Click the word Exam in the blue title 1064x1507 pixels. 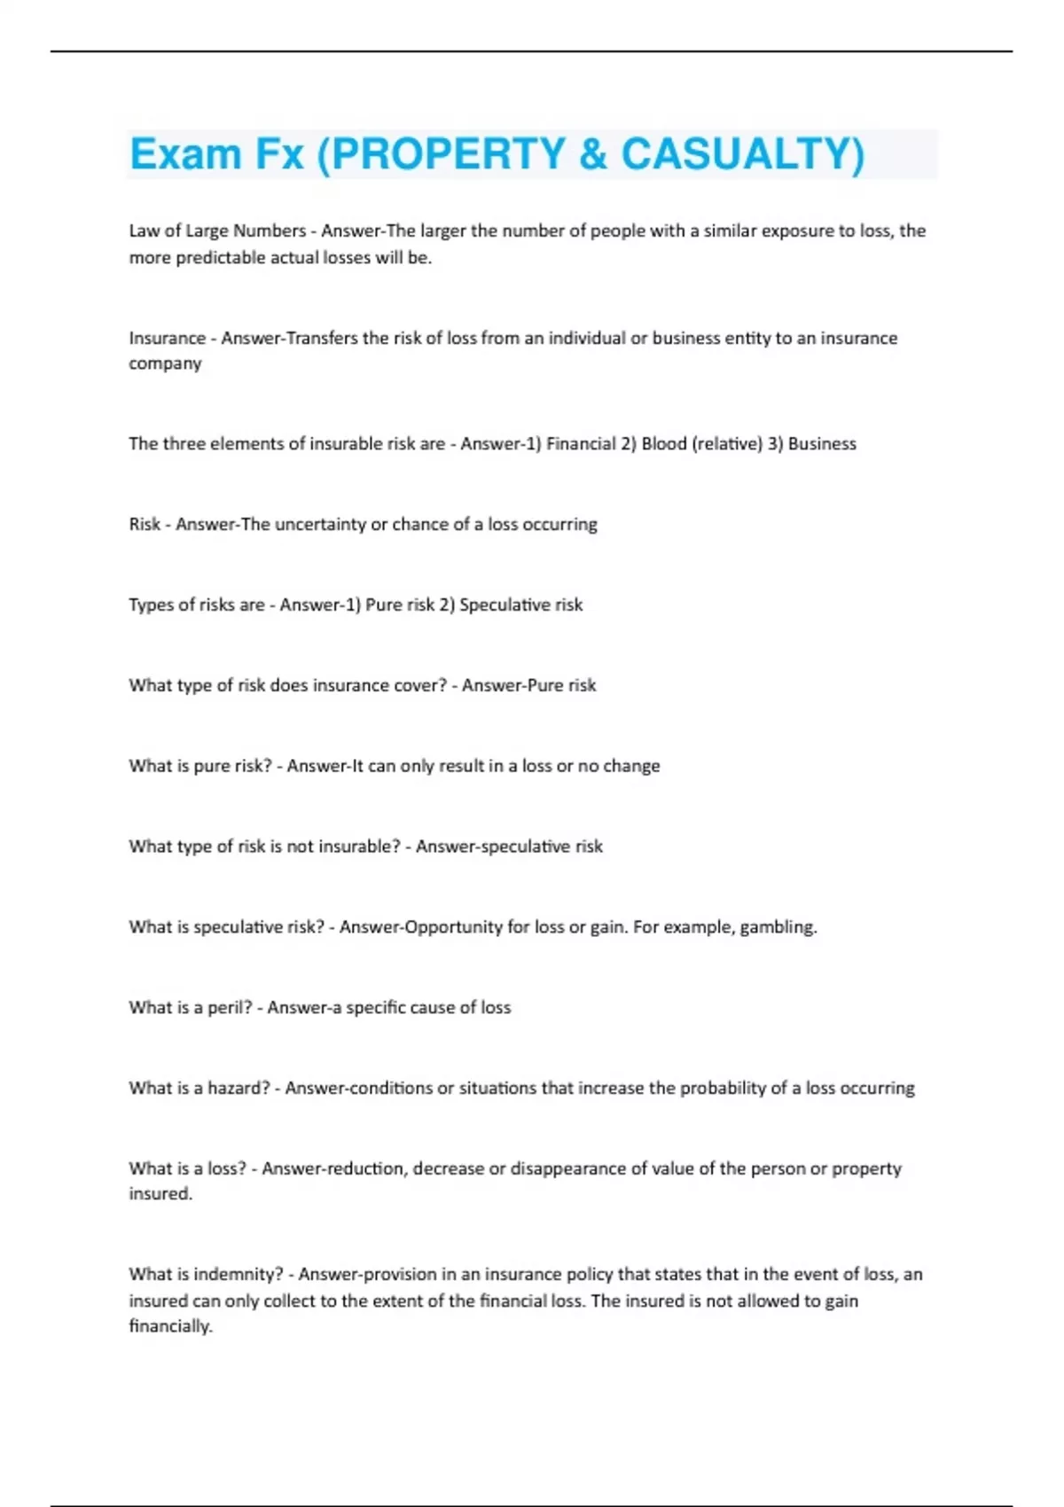(x=185, y=154)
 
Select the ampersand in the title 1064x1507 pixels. (x=593, y=154)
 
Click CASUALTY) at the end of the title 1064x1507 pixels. (x=742, y=154)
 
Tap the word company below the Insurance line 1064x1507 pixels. (x=165, y=364)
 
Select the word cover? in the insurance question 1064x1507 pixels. (x=416, y=685)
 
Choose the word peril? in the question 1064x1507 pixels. (x=230, y=1008)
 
